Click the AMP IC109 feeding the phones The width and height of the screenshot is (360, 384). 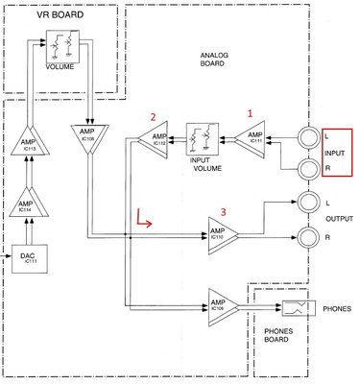(x=221, y=306)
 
